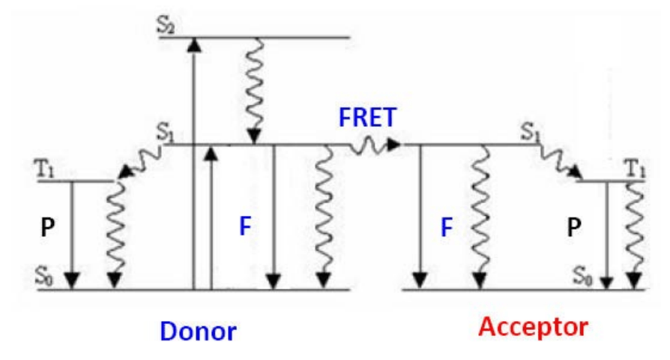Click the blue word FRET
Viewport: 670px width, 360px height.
click(x=366, y=118)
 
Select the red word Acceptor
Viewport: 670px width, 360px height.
click(x=533, y=327)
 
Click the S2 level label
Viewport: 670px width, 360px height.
click(x=166, y=25)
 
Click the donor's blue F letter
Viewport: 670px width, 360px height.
click(x=244, y=226)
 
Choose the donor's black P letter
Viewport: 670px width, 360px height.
click(x=47, y=227)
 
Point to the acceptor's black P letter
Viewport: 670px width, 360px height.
click(x=574, y=227)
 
